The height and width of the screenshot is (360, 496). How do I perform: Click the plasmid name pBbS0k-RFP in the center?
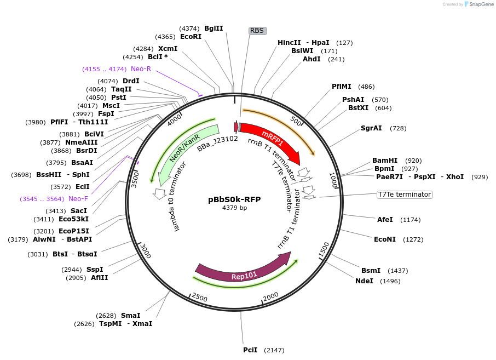(234, 199)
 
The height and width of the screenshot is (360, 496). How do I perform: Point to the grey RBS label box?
(257, 31)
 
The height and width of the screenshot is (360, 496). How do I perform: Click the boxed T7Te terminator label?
(404, 195)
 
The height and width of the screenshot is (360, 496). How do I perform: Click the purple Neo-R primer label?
(141, 69)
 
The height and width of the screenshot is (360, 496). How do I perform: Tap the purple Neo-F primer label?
(78, 199)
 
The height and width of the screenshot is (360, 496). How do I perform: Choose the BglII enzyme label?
(214, 28)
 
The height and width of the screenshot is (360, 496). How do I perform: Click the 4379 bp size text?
(234, 208)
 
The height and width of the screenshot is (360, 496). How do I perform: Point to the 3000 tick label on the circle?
(145, 251)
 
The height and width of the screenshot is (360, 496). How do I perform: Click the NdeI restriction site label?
(364, 281)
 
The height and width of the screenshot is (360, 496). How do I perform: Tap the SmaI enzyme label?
(130, 316)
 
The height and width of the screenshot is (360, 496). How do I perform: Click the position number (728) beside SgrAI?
(398, 128)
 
